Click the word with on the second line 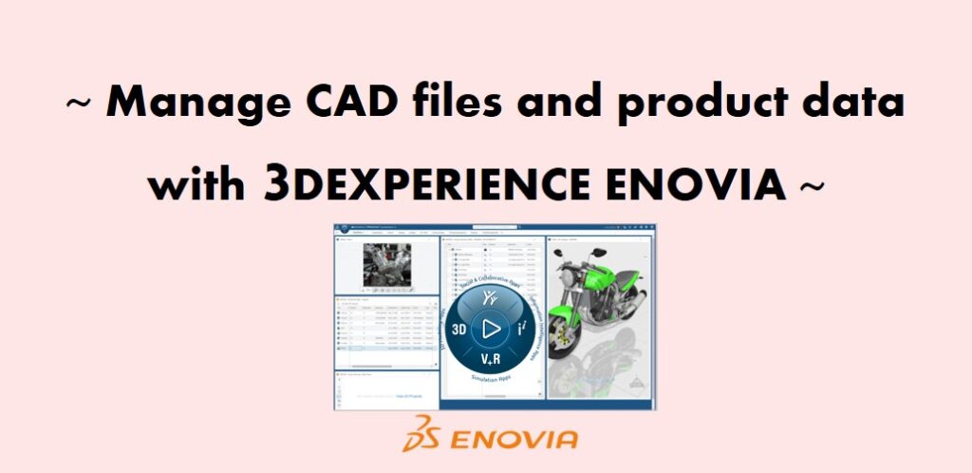click(x=196, y=183)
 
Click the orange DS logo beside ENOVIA click(x=421, y=437)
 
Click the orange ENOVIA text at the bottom click(x=514, y=439)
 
